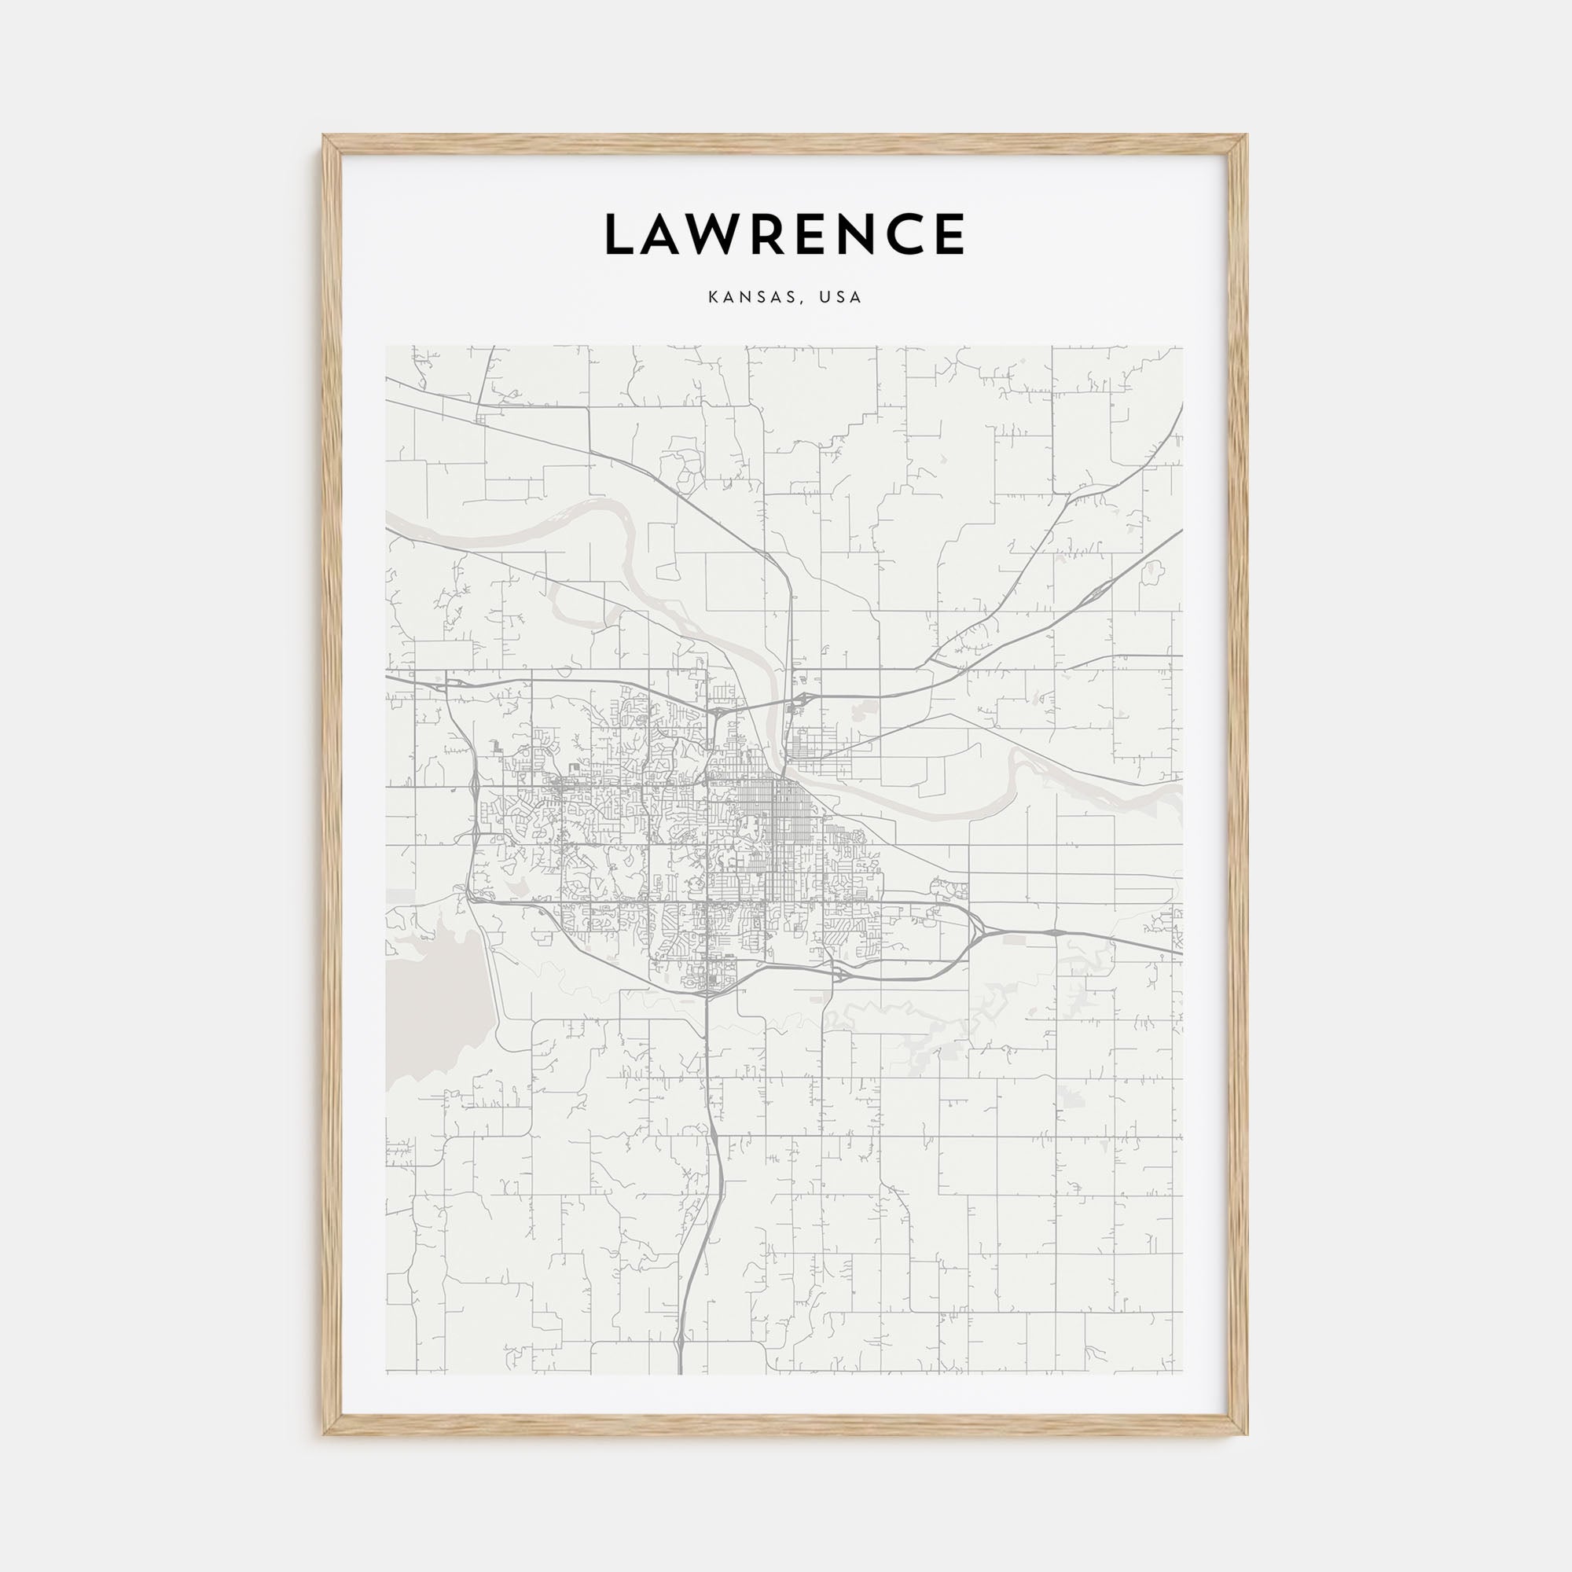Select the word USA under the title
tap(840, 298)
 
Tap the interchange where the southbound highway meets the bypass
tap(707, 990)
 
